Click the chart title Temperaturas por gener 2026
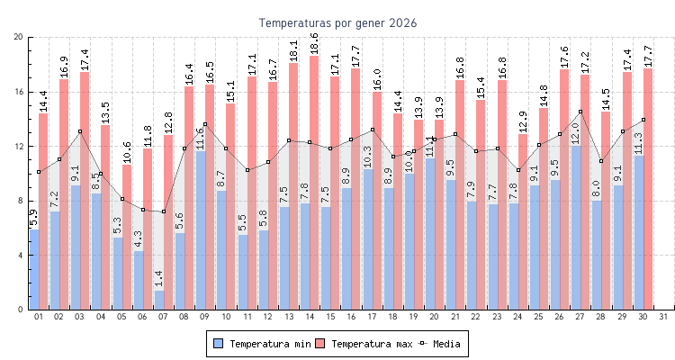coord(337,22)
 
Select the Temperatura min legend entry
coord(260,344)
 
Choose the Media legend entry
coord(445,344)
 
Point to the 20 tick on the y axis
coord(19,37)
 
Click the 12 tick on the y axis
coord(19,146)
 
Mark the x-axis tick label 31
coord(663,317)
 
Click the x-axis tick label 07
coord(163,317)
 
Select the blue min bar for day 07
coord(159,301)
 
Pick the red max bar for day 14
coord(314,180)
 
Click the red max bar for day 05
coord(127,234)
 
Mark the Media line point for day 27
coord(580,112)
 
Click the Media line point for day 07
coord(163,211)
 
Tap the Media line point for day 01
coord(39,171)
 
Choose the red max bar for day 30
coord(648,180)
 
